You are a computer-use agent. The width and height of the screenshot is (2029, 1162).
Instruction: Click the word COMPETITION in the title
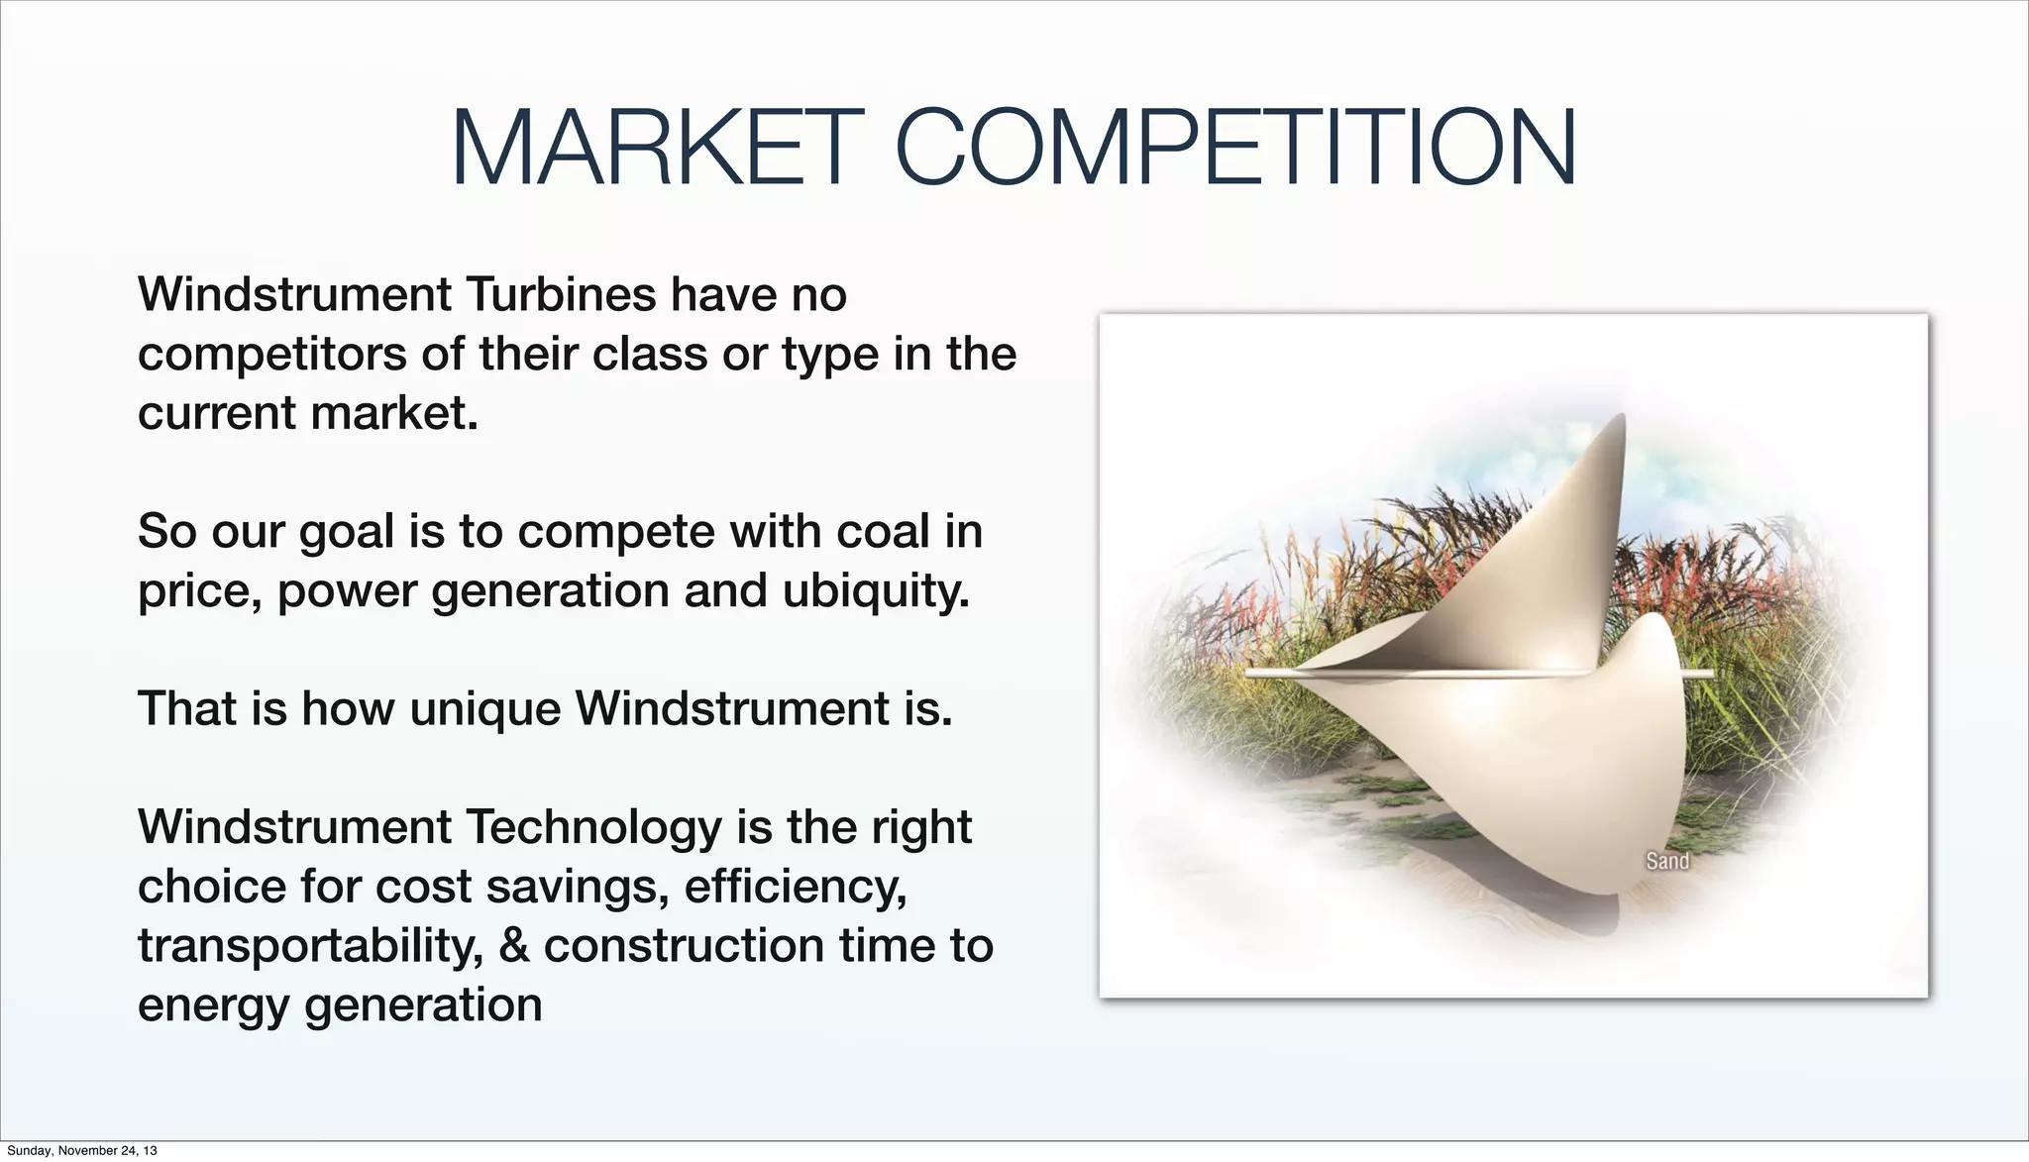[x=1234, y=149]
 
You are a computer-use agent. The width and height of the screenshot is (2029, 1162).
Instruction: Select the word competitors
[x=272, y=355]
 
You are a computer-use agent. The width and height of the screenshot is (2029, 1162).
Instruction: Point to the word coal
[x=883, y=532]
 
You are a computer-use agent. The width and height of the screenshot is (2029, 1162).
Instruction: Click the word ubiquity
[x=876, y=591]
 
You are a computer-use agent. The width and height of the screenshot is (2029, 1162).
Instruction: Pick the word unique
[x=485, y=709]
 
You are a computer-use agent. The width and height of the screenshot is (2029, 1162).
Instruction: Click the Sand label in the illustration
[x=1667, y=861]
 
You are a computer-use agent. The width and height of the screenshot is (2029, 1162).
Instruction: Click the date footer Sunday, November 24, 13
[x=81, y=1150]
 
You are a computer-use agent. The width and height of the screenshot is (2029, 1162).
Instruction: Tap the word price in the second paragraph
[x=198, y=591]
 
